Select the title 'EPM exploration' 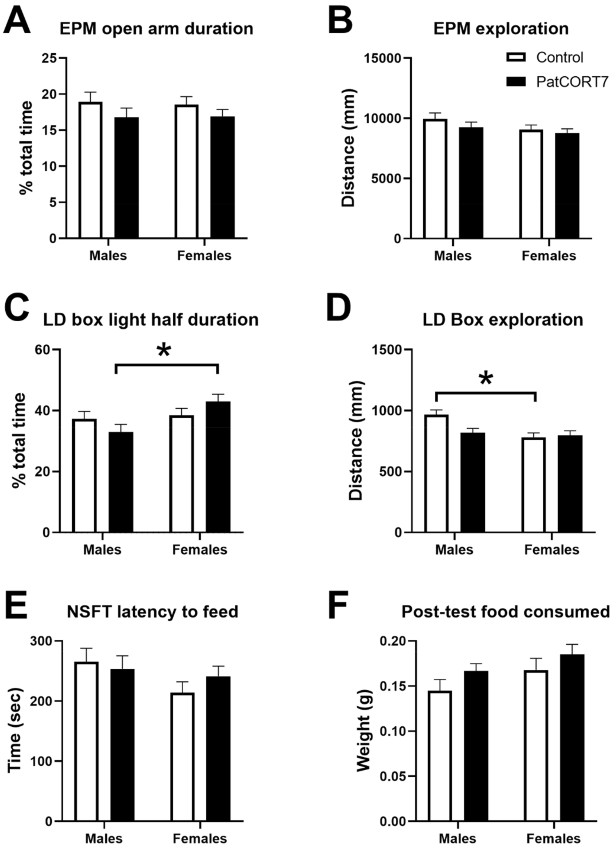(501, 29)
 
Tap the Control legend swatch (516, 57)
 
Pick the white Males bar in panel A (91, 170)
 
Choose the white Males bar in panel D (436, 474)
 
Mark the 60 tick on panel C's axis (42, 350)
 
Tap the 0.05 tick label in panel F (392, 776)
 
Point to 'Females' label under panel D (552, 550)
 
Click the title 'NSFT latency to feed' (153, 612)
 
